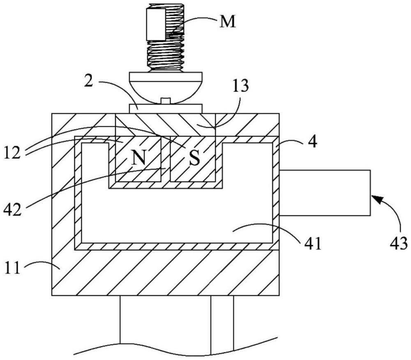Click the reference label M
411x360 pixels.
coord(228,21)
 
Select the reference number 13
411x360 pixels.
coord(240,85)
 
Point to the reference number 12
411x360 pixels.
coord(12,153)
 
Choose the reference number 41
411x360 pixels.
coord(313,244)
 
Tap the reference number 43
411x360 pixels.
coord(398,243)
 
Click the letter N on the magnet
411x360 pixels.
coord(138,158)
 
